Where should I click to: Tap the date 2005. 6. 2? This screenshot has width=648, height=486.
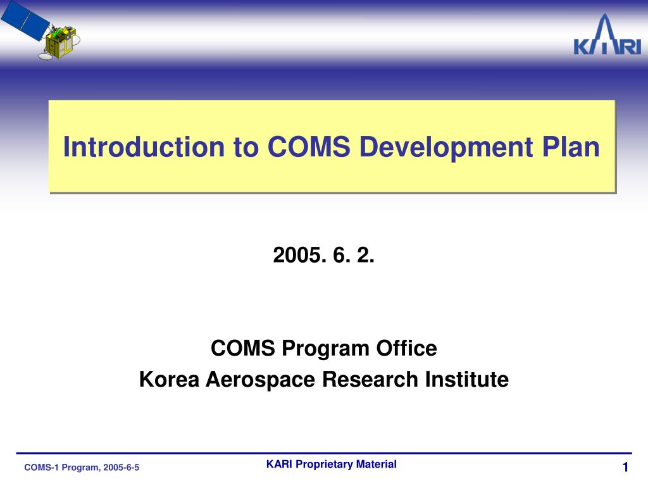pyautogui.click(x=324, y=256)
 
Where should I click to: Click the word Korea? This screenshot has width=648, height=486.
pyautogui.click(x=168, y=380)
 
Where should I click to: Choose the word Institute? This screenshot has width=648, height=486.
pyautogui.click(x=467, y=380)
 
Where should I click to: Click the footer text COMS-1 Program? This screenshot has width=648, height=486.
pyautogui.click(x=61, y=468)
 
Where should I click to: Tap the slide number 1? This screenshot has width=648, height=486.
pyautogui.click(x=625, y=468)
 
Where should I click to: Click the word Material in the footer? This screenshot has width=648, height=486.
pyautogui.click(x=377, y=464)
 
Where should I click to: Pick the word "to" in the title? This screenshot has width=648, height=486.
pyautogui.click(x=247, y=147)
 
